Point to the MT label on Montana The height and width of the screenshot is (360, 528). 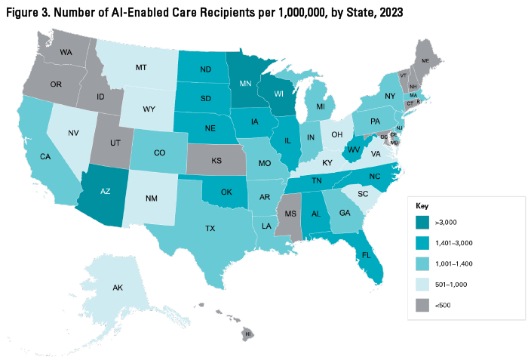[140, 68]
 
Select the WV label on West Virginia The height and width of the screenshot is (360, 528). [351, 150]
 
